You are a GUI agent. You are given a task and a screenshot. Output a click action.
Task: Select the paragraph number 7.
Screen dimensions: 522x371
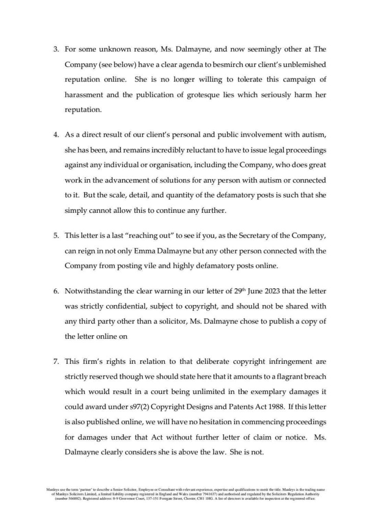[x=56, y=361]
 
